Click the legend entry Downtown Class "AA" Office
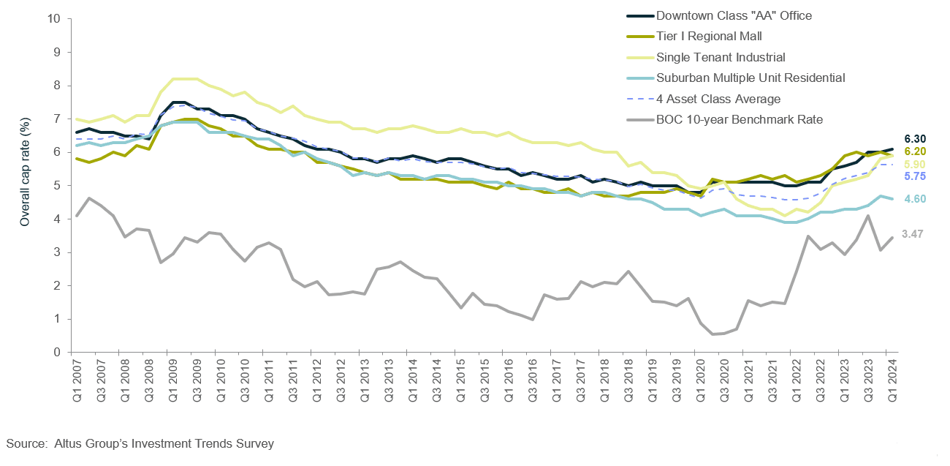734,15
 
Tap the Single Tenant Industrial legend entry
721,57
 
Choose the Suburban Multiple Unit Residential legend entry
750,78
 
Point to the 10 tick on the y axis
53,19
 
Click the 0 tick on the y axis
56,353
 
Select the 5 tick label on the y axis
56,186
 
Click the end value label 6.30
915,138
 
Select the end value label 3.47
915,234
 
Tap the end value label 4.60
915,199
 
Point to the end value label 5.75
915,176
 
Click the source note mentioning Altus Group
140,443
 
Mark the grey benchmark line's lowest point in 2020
712,334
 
